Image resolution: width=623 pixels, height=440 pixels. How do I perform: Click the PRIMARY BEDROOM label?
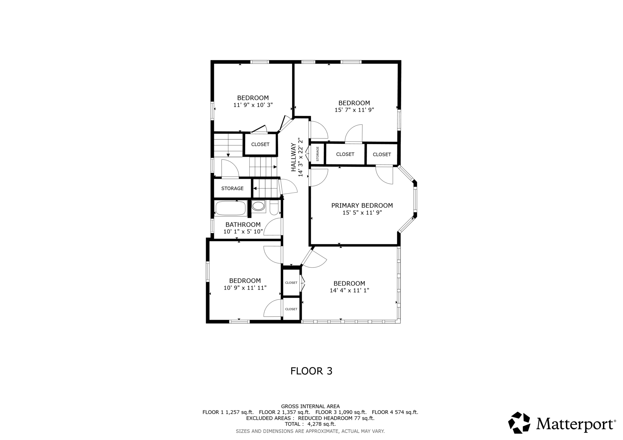362,206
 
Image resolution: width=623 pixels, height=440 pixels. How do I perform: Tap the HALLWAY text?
294,157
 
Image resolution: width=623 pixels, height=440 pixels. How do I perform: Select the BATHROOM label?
243,224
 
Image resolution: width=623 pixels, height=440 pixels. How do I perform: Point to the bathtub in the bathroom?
230,208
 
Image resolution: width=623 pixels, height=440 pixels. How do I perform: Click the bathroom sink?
258,206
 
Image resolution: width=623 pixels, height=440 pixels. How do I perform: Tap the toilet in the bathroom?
274,207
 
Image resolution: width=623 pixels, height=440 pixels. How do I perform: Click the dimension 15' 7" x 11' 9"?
354,110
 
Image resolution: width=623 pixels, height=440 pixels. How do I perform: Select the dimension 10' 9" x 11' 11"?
245,288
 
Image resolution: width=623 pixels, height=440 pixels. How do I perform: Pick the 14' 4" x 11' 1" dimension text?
349,290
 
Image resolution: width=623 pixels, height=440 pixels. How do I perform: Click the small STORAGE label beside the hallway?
317,154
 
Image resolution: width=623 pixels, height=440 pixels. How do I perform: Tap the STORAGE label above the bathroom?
232,188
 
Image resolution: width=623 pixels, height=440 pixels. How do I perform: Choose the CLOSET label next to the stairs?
260,144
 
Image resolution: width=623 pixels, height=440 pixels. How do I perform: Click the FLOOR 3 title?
311,371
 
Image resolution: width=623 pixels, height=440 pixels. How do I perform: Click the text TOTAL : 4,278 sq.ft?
310,424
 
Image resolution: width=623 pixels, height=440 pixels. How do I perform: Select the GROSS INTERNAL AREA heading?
310,406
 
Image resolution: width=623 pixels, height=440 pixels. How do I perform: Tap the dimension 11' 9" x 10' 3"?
253,105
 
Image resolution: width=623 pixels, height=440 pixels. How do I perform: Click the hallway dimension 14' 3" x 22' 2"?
300,157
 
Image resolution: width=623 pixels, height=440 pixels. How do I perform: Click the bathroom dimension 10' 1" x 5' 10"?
243,231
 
